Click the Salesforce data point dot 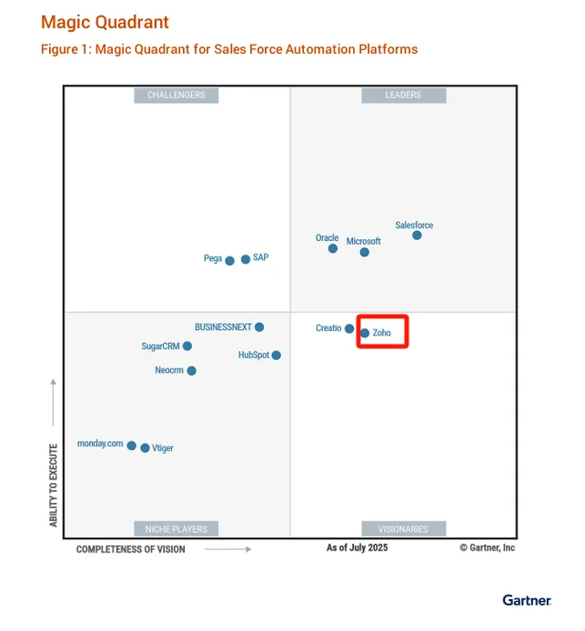click(417, 235)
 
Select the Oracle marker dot click(333, 248)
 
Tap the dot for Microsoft click(365, 252)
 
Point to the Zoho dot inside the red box click(365, 333)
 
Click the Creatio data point click(349, 328)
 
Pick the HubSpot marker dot click(277, 356)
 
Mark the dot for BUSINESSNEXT click(259, 327)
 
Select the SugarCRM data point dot click(187, 346)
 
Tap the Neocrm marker click(191, 371)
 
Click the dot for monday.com click(132, 446)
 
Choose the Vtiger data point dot click(145, 448)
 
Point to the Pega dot click(230, 261)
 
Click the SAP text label click(261, 258)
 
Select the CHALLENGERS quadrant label click(177, 95)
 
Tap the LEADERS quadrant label click(403, 95)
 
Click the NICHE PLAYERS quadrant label click(177, 528)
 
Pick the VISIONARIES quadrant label click(403, 528)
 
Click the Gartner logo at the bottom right click(527, 600)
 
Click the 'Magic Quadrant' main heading click(105, 22)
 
